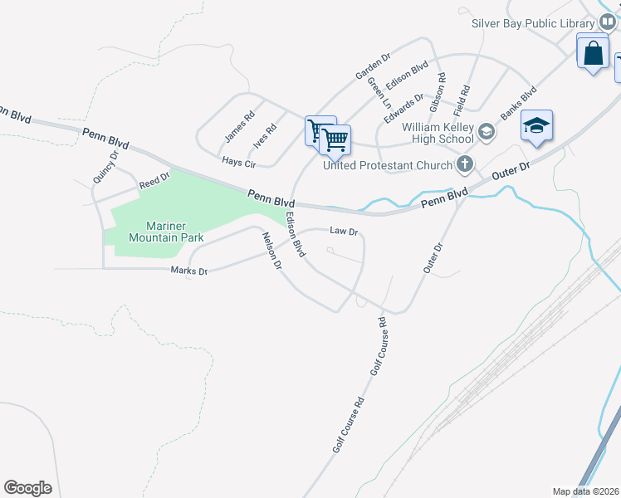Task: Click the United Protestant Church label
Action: click(x=387, y=165)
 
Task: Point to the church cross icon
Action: click(x=465, y=165)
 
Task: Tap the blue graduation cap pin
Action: click(x=536, y=126)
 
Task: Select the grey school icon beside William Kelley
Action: click(x=487, y=133)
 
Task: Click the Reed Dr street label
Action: click(x=154, y=181)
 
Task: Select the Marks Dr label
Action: click(x=188, y=271)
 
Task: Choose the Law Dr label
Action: click(x=343, y=232)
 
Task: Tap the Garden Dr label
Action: click(x=373, y=66)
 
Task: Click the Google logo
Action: click(x=27, y=488)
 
